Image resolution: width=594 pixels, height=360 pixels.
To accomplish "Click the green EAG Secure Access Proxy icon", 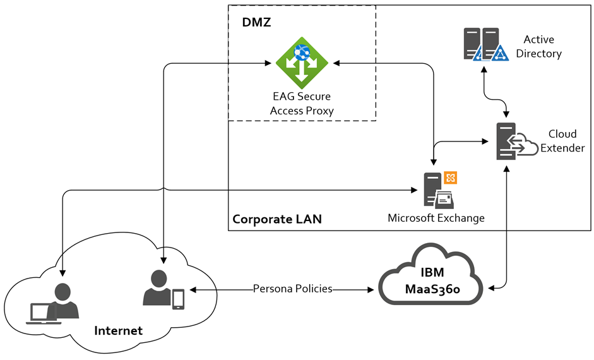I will pos(302,63).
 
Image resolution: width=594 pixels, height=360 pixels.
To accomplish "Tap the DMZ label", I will pos(256,23).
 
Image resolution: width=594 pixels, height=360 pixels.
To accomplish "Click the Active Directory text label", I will pos(538,47).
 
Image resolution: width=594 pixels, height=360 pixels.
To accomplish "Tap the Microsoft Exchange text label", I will pos(436,218).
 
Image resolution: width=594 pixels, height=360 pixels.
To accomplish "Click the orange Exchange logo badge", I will pos(451,177).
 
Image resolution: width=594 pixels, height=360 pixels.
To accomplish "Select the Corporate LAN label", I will pos(277,219).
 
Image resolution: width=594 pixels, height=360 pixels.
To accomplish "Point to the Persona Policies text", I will pos(292,289).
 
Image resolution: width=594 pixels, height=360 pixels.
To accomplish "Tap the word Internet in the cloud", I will pos(118,330).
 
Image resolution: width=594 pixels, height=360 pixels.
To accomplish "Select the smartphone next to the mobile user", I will pos(179,299).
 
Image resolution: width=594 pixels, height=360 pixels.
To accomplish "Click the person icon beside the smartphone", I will pos(157,290).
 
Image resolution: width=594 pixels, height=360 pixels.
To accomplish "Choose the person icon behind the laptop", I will pos(62,301).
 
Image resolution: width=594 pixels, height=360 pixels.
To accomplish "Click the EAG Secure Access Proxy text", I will pos(301,104).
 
